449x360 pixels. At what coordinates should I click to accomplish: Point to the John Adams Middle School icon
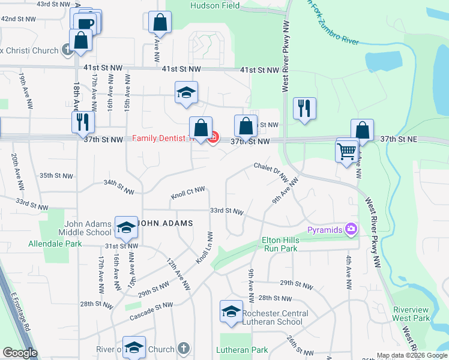click(x=126, y=227)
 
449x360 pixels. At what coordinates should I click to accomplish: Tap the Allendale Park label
click(x=55, y=244)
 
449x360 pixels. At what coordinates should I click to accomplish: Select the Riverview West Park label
click(x=411, y=314)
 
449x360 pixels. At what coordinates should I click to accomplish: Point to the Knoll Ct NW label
click(x=188, y=193)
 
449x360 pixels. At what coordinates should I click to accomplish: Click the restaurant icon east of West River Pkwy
click(x=304, y=109)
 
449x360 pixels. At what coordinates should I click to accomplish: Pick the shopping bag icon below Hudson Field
click(x=160, y=22)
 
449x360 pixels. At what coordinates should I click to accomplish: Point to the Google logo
click(x=20, y=353)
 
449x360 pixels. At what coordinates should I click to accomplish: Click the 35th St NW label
click(x=56, y=176)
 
